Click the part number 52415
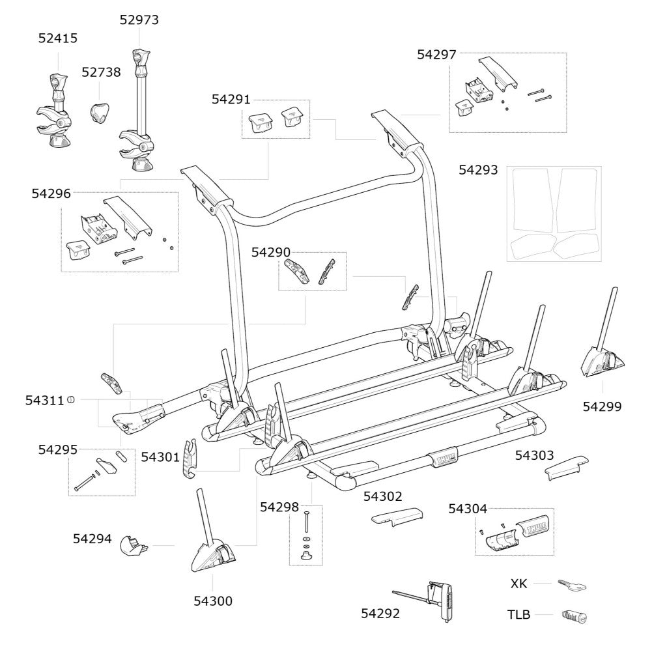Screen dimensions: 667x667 (x=57, y=38)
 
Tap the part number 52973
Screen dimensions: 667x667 (x=139, y=20)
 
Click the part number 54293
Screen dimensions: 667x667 (x=478, y=170)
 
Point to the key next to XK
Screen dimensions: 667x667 (x=572, y=585)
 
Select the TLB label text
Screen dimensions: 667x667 (x=519, y=614)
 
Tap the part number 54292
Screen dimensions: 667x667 (x=380, y=613)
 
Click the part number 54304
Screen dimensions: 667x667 (x=467, y=509)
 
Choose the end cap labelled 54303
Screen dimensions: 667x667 (x=565, y=466)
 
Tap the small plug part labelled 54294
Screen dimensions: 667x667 (x=134, y=545)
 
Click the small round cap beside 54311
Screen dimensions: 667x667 (x=70, y=401)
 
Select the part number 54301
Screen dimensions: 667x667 (x=160, y=457)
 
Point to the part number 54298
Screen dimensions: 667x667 (x=279, y=507)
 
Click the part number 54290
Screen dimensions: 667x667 (x=271, y=252)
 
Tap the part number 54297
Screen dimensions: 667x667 (x=436, y=55)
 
